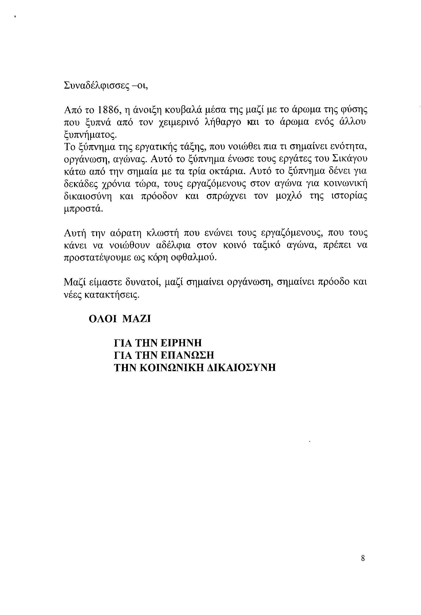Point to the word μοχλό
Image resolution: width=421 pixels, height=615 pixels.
289,196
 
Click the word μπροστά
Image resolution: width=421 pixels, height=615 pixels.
82,209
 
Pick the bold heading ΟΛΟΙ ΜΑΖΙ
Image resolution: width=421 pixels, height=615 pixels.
120,319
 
